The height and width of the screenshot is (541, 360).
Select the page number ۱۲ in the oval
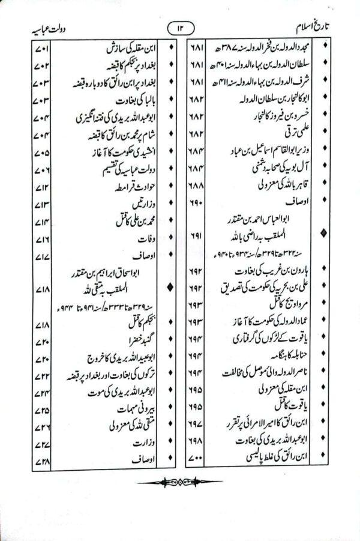[180, 27]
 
